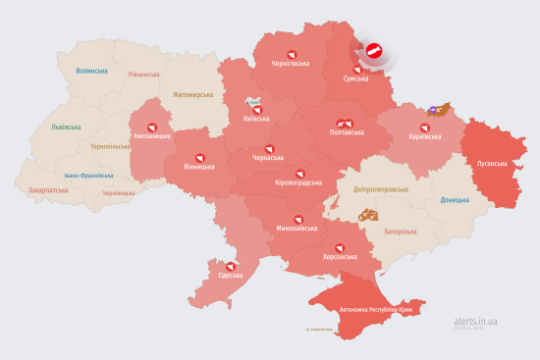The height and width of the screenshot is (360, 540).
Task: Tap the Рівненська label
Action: (x=143, y=75)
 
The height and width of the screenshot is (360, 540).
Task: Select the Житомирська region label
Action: (x=192, y=95)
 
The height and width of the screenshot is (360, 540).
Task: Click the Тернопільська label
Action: (x=111, y=146)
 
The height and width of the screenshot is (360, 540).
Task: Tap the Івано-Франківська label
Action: (x=88, y=176)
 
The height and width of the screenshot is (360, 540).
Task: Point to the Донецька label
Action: (x=456, y=200)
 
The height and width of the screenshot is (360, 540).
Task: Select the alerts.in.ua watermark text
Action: (x=476, y=321)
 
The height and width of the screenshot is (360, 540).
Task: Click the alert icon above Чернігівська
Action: (x=290, y=54)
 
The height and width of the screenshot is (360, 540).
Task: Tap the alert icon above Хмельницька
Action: (x=151, y=127)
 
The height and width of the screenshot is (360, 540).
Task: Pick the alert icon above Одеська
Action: (x=230, y=265)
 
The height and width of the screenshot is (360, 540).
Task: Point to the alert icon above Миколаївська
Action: (x=296, y=219)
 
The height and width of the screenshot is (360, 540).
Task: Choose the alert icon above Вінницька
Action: (x=200, y=155)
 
